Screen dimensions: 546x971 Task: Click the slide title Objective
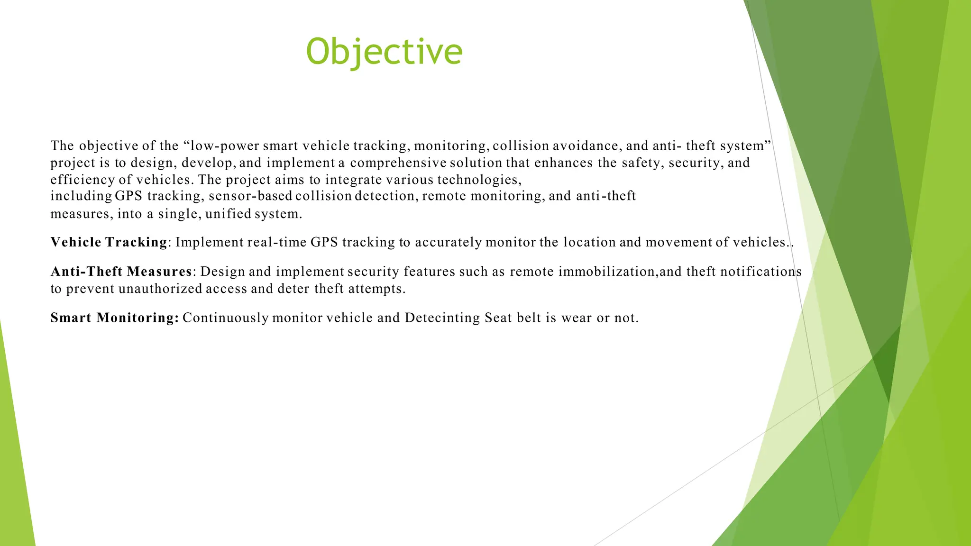(384, 51)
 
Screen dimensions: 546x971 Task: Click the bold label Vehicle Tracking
(109, 242)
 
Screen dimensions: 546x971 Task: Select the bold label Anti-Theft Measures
(121, 272)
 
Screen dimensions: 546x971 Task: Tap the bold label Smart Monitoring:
(115, 318)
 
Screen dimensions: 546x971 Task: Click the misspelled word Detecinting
(442, 318)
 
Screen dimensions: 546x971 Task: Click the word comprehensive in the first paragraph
(398, 163)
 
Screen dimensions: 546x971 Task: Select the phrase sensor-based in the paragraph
(250, 196)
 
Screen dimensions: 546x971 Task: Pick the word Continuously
(226, 318)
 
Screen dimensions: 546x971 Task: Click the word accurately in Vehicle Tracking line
(448, 242)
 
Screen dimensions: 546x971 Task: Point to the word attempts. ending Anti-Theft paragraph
(377, 289)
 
